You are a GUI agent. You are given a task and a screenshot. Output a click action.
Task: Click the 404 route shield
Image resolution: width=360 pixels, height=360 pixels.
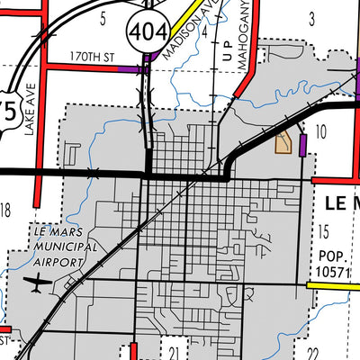click(147, 32)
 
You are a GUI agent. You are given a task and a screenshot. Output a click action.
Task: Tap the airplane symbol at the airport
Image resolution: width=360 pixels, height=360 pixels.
click(35, 284)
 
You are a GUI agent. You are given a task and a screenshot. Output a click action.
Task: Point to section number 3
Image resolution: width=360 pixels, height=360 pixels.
click(311, 17)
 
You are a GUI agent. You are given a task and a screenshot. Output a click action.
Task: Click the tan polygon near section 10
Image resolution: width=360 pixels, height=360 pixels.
click(283, 141)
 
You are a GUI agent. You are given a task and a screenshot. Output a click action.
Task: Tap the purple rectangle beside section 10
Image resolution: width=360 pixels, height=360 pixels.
click(303, 144)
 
